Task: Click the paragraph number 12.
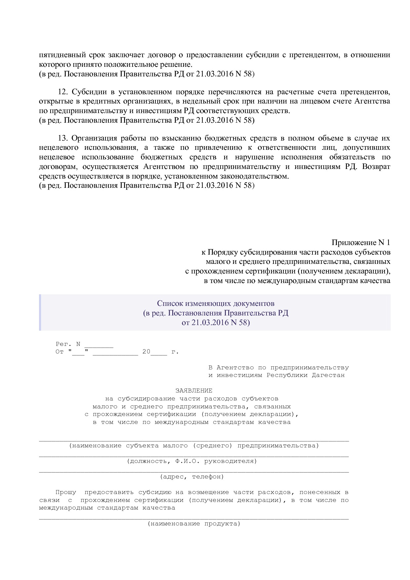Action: pyautogui.click(x=62, y=92)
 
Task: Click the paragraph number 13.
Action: pyautogui.click(x=62, y=138)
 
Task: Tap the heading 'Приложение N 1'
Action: pyautogui.click(x=361, y=242)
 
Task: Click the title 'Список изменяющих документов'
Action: pyautogui.click(x=216, y=303)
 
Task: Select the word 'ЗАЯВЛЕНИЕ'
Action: pyautogui.click(x=194, y=391)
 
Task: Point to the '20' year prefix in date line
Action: pyautogui.click(x=146, y=352)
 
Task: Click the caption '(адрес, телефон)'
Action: pyautogui.click(x=192, y=476)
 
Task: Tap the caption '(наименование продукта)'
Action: pyautogui.click(x=194, y=523)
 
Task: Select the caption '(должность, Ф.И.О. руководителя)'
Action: pyautogui.click(x=192, y=461)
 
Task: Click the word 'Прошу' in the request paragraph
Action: pyautogui.click(x=65, y=492)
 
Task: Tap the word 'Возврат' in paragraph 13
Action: pyautogui.click(x=376, y=167)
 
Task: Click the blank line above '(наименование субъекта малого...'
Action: pyautogui.click(x=194, y=440)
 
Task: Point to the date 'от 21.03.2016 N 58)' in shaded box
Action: pyautogui.click(x=216, y=322)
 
